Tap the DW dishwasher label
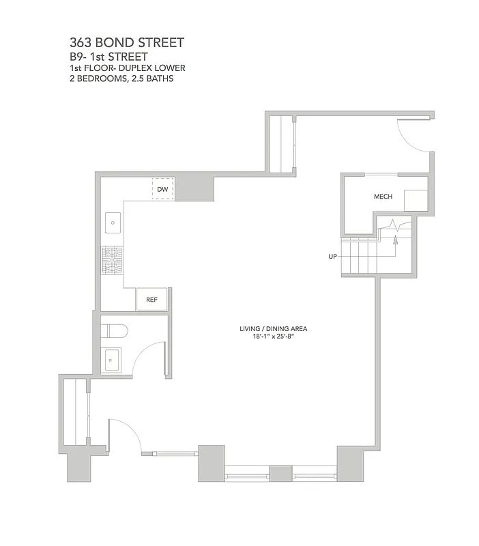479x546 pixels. pyautogui.click(x=162, y=189)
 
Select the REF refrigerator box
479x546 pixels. pyautogui.click(x=152, y=299)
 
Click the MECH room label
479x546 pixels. pyautogui.click(x=383, y=197)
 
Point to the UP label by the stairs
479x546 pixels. pyautogui.click(x=333, y=257)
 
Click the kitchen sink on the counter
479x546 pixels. pyautogui.click(x=113, y=222)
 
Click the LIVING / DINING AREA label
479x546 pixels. pyautogui.click(x=269, y=328)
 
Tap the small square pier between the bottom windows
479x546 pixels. pyautogui.click(x=280, y=474)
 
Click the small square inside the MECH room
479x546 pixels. pyautogui.click(x=416, y=201)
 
